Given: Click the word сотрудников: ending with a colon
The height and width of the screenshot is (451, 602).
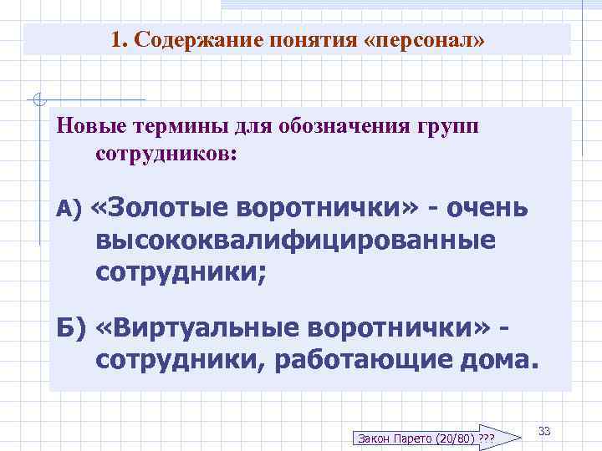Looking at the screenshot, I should point(166,155).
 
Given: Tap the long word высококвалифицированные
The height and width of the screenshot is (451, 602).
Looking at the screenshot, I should point(295,240).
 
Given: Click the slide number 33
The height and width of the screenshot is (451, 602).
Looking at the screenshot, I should point(544,431).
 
